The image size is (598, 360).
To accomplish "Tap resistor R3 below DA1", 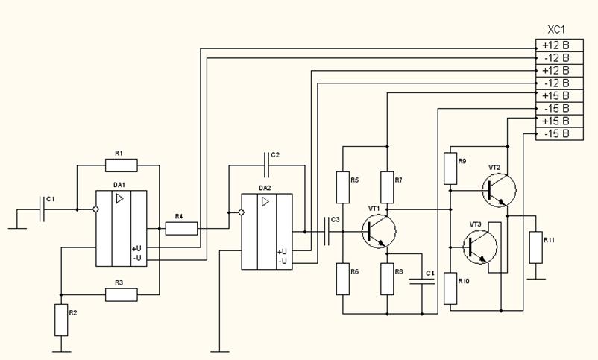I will [x=122, y=294].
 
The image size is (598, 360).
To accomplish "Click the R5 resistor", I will [x=342, y=188].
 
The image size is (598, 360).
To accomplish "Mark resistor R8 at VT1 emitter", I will [x=387, y=279].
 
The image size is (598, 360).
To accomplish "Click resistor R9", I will [x=450, y=168].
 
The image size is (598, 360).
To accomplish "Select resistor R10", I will [x=450, y=288].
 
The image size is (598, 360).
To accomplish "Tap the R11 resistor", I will [x=535, y=247].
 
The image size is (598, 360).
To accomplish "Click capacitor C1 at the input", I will [x=43, y=210].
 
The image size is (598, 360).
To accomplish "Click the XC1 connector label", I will [x=557, y=31].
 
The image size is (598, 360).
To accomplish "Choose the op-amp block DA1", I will [x=121, y=228].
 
